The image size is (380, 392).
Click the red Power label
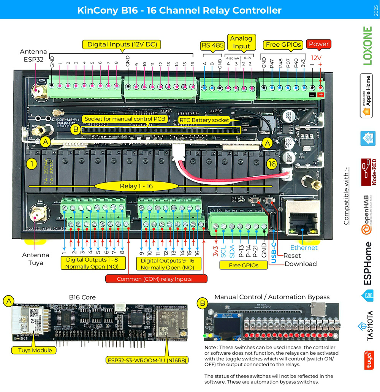(x=318, y=44)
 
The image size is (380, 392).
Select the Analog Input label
(x=241, y=42)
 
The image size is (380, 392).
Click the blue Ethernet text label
(x=304, y=248)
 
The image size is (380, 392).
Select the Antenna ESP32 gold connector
(x=38, y=92)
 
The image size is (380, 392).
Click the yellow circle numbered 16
(x=271, y=164)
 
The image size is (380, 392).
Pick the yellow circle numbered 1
(x=32, y=164)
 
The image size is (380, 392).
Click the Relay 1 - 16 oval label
(x=136, y=186)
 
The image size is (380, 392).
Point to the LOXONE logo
(x=367, y=46)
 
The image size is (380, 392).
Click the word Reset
(x=291, y=256)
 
